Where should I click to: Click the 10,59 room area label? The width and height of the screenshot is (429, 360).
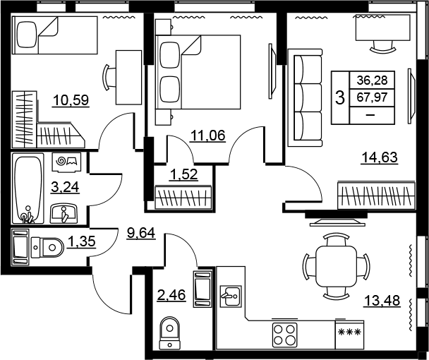click(x=71, y=100)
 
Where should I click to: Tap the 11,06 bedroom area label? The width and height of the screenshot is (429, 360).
click(x=208, y=136)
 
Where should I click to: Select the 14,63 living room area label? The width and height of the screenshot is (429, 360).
click(x=380, y=157)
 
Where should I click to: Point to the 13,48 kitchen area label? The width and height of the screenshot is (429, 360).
click(x=382, y=301)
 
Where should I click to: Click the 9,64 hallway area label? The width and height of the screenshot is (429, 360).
click(x=141, y=233)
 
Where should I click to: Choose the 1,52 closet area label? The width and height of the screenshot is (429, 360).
click(x=183, y=174)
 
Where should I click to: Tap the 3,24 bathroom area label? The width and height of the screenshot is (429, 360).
click(x=65, y=187)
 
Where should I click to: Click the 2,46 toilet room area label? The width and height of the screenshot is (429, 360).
click(x=171, y=295)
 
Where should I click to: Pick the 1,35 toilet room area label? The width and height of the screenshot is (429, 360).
click(x=82, y=241)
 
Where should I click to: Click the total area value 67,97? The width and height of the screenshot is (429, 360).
click(x=372, y=97)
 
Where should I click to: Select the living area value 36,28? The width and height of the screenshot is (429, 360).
click(x=372, y=80)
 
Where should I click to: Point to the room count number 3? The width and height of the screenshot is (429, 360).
click(x=340, y=97)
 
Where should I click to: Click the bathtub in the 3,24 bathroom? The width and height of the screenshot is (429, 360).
click(x=28, y=188)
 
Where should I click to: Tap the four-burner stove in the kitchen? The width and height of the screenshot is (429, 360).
click(x=284, y=335)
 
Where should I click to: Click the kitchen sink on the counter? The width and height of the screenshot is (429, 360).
click(x=231, y=296)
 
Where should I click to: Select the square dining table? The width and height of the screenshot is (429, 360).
click(x=337, y=266)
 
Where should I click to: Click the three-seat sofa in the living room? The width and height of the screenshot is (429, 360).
click(x=305, y=97)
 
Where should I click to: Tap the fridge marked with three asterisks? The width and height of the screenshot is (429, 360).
click(x=350, y=335)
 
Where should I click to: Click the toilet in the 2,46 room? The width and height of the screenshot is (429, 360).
click(x=170, y=333)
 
